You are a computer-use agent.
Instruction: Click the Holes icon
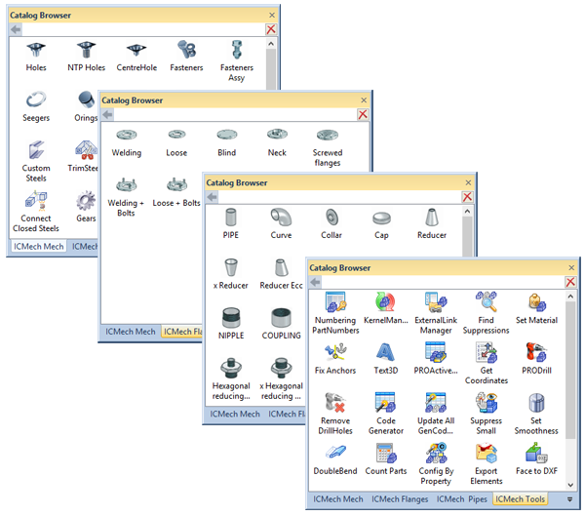point(36,49)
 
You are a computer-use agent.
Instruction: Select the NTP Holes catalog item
point(87,49)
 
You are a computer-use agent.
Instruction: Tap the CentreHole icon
point(137,49)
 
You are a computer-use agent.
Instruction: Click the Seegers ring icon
point(36,99)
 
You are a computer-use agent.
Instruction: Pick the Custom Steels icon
point(36,150)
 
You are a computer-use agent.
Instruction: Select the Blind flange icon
point(227,135)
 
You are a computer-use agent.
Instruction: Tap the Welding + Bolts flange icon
point(127,184)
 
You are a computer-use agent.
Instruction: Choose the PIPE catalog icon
point(231,217)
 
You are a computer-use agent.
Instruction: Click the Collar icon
point(332,217)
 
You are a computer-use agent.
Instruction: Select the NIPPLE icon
point(231,318)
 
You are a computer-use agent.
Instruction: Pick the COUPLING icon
point(282,318)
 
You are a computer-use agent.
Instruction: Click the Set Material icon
point(536,301)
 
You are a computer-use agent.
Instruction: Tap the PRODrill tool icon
point(536,352)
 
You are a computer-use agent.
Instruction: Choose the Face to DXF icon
point(536,453)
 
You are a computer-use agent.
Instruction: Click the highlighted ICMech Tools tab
point(520,499)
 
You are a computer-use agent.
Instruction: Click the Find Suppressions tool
point(486,301)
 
